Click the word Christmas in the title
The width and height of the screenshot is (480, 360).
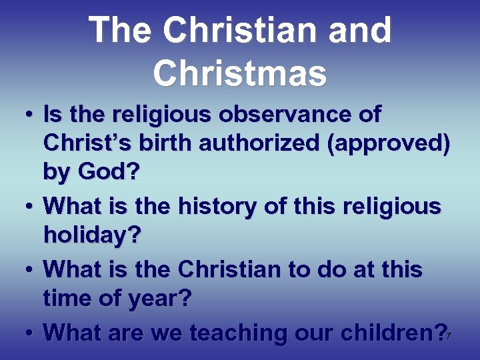(240, 73)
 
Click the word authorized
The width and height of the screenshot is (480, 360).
(269, 143)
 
